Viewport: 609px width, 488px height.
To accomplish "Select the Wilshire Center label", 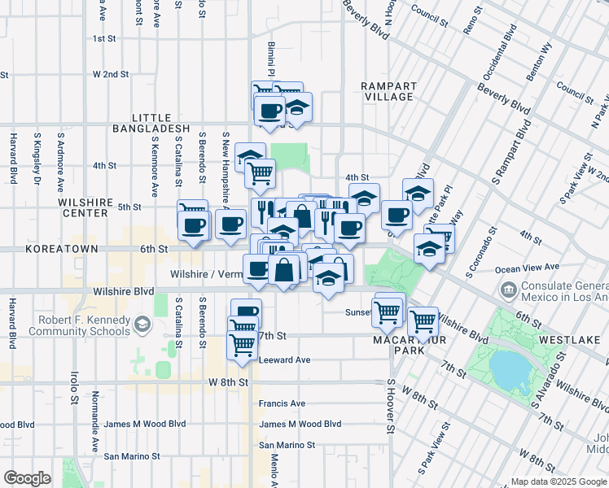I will pos(83,207).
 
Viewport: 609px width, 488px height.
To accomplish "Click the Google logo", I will pos(28,477).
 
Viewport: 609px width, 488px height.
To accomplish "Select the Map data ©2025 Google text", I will pos(558,481).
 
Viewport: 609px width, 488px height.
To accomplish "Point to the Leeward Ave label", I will pos(284,359).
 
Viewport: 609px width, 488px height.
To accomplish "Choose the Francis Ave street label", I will pos(282,403).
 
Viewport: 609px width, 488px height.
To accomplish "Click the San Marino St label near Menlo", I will pos(287,445).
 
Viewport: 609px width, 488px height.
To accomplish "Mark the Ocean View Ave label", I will pos(527,267).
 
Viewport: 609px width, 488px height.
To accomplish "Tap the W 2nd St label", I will pos(111,74).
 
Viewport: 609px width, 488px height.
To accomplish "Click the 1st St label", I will pos(105,38).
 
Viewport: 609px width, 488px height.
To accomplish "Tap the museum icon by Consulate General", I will pos(507,289).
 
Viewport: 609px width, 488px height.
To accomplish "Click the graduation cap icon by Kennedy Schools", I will pos(142,325).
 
